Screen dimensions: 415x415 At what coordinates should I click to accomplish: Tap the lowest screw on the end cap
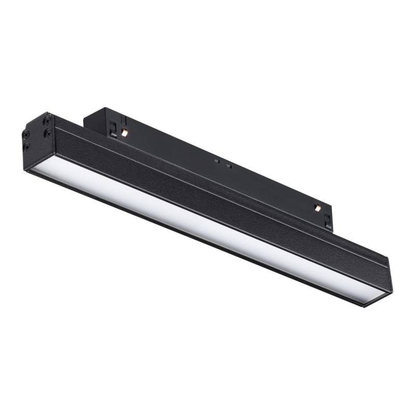26,147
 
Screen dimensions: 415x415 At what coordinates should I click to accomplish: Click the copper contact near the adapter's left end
125,133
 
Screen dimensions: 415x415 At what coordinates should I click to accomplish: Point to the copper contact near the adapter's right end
316,208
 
